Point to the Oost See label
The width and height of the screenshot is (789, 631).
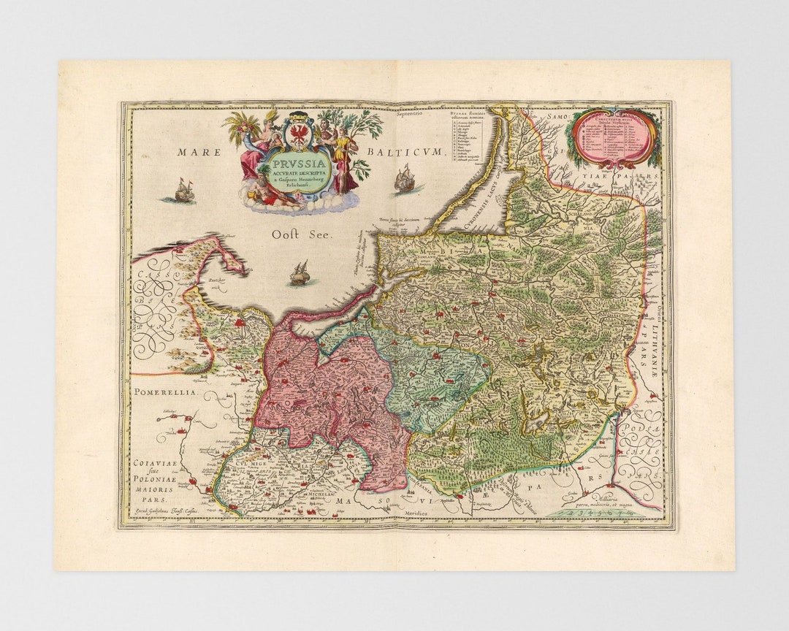pos(302,234)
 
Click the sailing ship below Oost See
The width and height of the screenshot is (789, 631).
pos(300,274)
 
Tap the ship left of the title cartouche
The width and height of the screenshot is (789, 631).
pos(185,191)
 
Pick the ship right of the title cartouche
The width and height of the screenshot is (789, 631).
pos(405,179)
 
